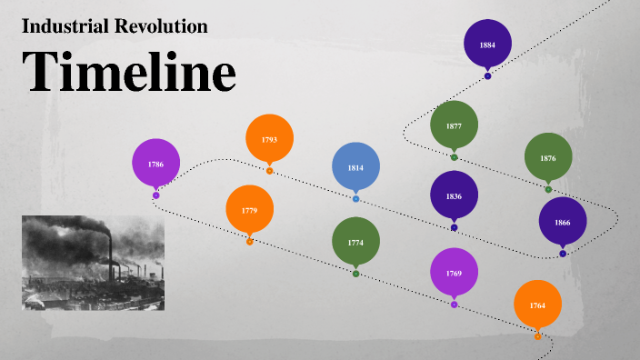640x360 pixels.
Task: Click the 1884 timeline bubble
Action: click(487, 44)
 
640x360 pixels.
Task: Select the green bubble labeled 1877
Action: click(454, 125)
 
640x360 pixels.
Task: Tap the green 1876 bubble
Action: click(548, 157)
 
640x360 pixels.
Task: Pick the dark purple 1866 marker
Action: click(563, 222)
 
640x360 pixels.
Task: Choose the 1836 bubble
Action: click(454, 195)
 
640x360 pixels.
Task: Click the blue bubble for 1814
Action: click(355, 167)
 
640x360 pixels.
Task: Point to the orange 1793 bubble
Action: click(269, 139)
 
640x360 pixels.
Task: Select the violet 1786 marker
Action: click(155, 164)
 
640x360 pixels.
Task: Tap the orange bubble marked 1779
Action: click(249, 210)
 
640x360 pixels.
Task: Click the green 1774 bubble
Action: click(355, 243)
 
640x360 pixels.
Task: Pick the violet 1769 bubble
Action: click(454, 273)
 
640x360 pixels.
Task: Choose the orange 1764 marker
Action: click(537, 305)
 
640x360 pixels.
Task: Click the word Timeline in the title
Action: click(128, 72)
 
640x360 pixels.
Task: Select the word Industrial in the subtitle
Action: click(58, 26)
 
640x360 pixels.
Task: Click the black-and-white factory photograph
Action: click(93, 263)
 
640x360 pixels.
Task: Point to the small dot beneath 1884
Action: click(487, 75)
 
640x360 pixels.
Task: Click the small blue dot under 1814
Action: click(355, 198)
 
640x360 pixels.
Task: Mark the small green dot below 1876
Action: click(548, 189)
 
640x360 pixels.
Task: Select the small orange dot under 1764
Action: click(537, 336)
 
